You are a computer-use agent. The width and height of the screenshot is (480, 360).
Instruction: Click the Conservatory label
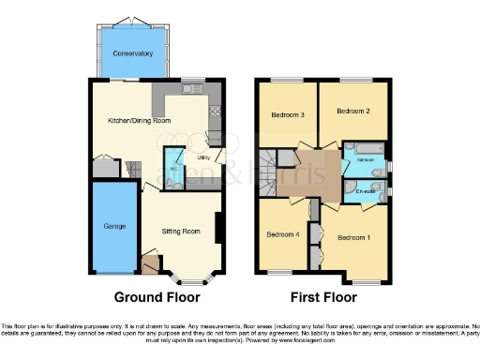point(133,54)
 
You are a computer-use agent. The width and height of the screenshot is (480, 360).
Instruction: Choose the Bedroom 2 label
point(353,111)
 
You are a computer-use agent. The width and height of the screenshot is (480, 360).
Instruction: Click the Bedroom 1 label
point(353,236)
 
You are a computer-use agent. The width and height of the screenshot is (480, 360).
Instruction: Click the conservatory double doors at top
point(133,22)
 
